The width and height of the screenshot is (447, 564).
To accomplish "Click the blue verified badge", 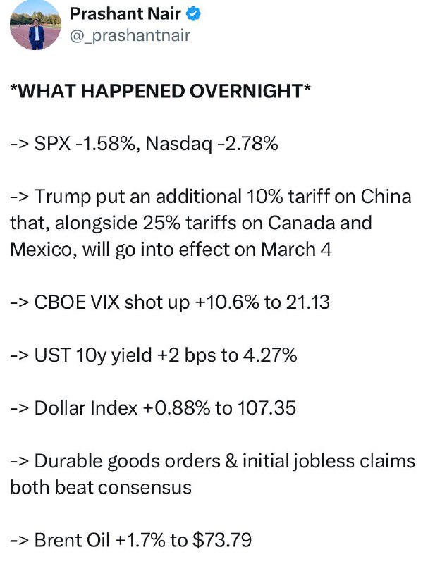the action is point(193,14).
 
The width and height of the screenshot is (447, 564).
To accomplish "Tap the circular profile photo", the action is point(35,25).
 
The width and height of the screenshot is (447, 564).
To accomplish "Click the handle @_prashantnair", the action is point(130,35).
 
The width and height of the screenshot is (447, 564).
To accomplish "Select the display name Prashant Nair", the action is point(125,13).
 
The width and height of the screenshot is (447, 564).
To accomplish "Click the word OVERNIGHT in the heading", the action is point(246,91).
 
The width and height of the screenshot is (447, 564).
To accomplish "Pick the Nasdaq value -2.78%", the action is point(247,144).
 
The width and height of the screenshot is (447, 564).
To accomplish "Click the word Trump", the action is point(63,197).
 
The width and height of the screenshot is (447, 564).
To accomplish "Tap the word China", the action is point(386,197).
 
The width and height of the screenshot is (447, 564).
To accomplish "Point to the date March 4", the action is point(296,250).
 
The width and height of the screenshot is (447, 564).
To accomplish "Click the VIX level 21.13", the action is point(308,302).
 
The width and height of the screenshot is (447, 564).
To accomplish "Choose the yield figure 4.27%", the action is point(270,355).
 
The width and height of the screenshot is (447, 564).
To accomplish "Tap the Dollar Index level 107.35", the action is point(267,408).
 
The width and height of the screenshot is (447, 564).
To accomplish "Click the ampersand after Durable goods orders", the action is point(231,461).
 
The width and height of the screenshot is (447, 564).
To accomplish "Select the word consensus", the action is point(145,488).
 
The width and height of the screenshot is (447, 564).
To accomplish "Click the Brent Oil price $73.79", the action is point(222,540).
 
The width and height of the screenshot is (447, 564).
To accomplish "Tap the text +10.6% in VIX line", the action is point(226,302).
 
